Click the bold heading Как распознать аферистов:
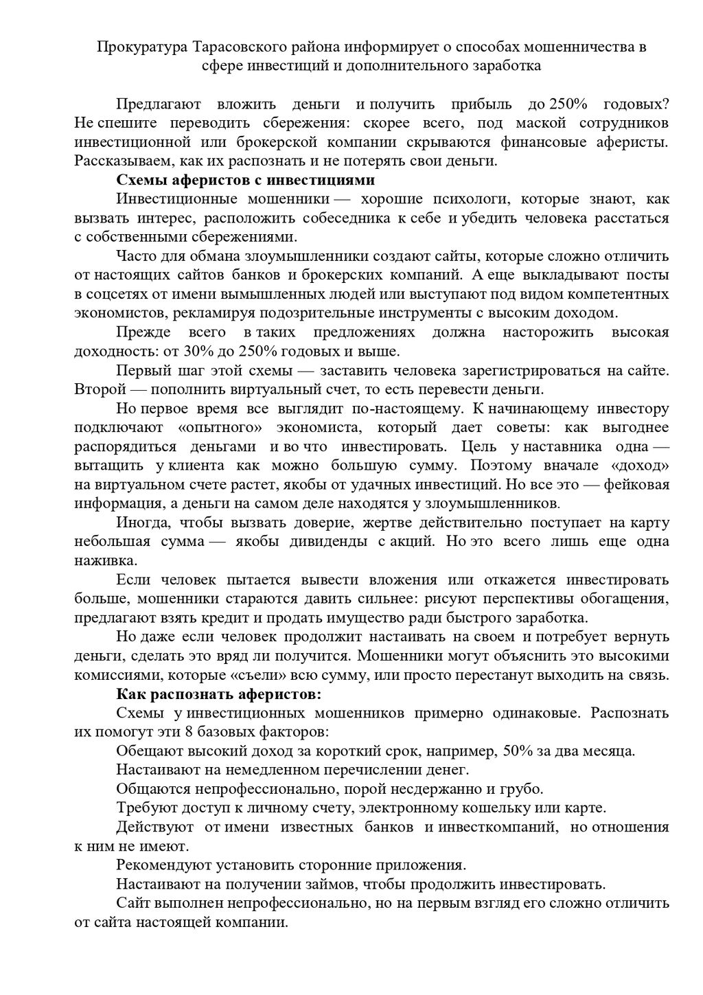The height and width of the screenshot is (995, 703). [218, 693]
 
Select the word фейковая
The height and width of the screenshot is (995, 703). [638, 484]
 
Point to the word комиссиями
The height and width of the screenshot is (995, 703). [114, 674]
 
